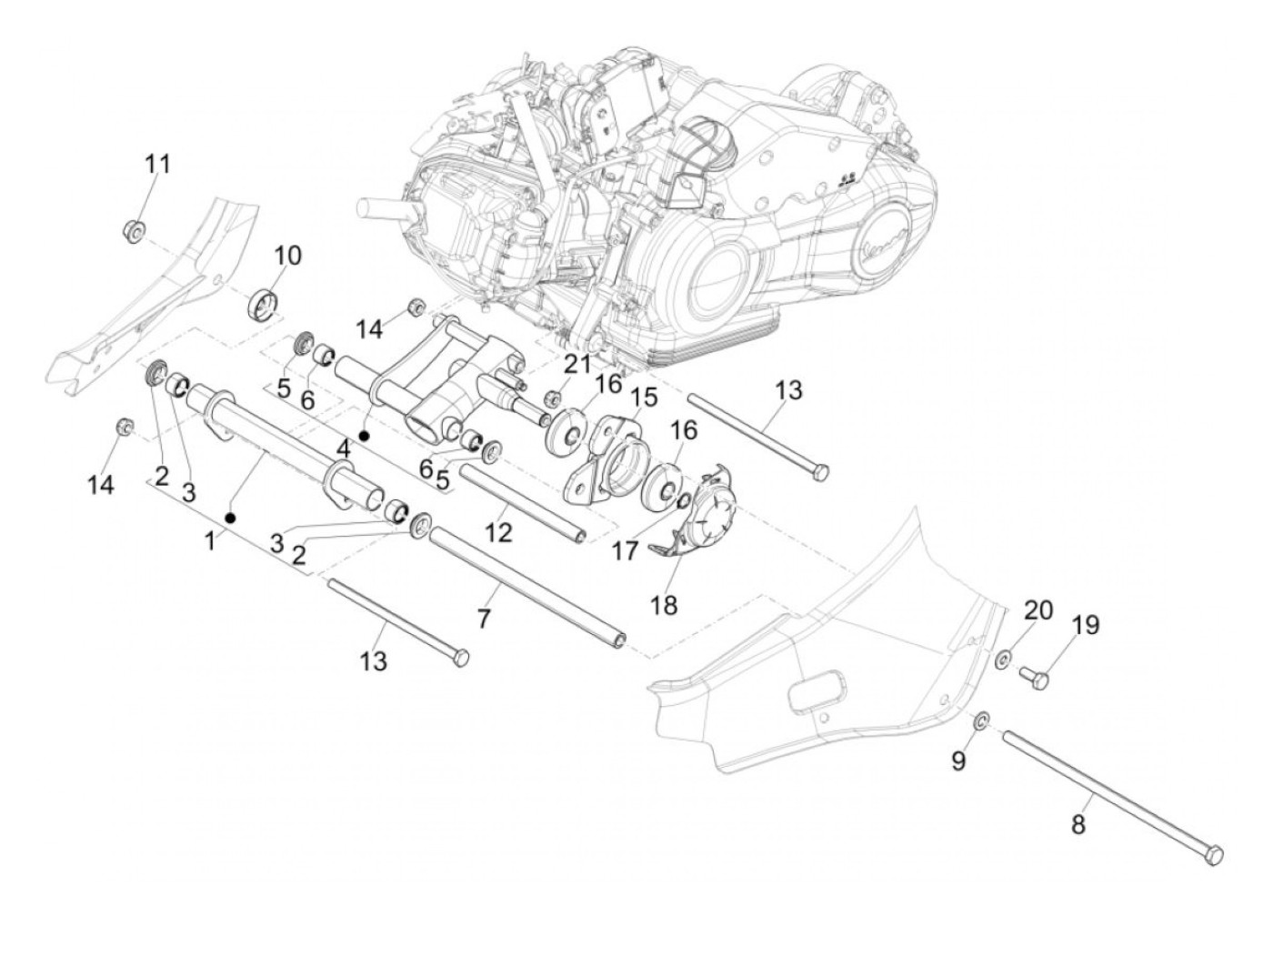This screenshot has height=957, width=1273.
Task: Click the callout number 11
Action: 158,165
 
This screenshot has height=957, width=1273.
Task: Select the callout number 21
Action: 576,365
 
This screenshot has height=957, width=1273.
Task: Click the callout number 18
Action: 665,605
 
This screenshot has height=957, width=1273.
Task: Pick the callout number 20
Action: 1038,609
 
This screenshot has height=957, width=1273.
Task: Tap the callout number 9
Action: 958,761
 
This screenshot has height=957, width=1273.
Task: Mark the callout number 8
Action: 1079,825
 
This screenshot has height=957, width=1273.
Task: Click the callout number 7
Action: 484,619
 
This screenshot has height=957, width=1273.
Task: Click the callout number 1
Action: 210,540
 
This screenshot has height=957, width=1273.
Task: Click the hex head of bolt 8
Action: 1214,852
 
